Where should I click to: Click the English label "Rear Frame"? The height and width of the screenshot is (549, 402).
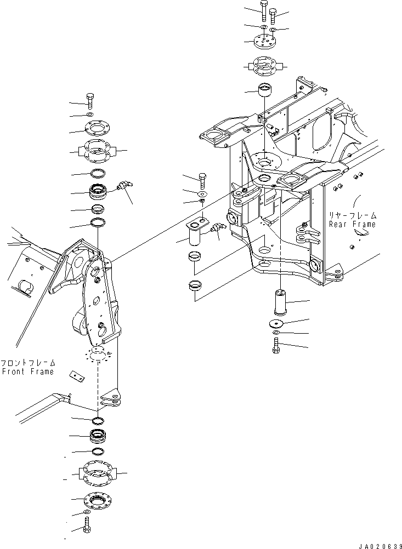(x=353, y=224)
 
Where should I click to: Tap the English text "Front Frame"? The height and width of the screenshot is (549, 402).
(x=27, y=371)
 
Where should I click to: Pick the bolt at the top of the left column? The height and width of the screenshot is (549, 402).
(x=90, y=102)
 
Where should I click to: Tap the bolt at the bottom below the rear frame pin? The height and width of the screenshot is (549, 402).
(x=276, y=345)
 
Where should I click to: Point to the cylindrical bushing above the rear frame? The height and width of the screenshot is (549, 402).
(x=266, y=89)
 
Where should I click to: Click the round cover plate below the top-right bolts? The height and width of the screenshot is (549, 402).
(x=266, y=41)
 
